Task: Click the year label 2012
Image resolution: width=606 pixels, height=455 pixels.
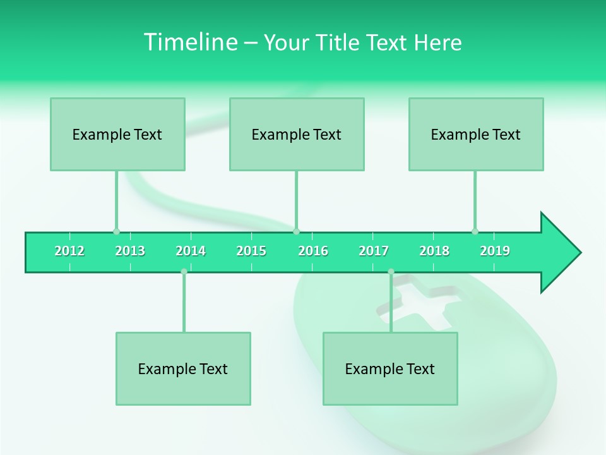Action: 69,251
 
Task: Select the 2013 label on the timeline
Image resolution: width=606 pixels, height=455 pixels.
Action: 130,251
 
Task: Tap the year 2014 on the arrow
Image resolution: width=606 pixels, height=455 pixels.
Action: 191,251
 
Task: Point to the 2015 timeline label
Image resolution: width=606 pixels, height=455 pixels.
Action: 251,251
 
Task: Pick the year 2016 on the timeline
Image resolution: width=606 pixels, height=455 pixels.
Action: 313,251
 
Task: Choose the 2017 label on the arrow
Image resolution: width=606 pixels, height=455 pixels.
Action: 374,251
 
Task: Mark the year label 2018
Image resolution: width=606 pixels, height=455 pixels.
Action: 434,251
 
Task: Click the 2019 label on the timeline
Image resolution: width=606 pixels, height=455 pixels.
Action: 495,251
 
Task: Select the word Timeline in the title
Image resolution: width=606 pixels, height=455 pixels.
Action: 189,42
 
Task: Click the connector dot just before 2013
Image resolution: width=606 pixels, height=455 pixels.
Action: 116,231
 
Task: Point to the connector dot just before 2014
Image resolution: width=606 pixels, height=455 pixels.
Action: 184,272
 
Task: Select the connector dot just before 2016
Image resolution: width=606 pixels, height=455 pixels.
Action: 296,231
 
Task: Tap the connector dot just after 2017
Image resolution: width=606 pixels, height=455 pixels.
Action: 391,272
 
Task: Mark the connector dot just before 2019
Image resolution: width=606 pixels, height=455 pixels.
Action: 475,231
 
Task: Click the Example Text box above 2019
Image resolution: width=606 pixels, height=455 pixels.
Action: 476,134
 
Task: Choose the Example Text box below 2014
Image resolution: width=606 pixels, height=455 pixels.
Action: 183,368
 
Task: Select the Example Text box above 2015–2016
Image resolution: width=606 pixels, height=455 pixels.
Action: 297,134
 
